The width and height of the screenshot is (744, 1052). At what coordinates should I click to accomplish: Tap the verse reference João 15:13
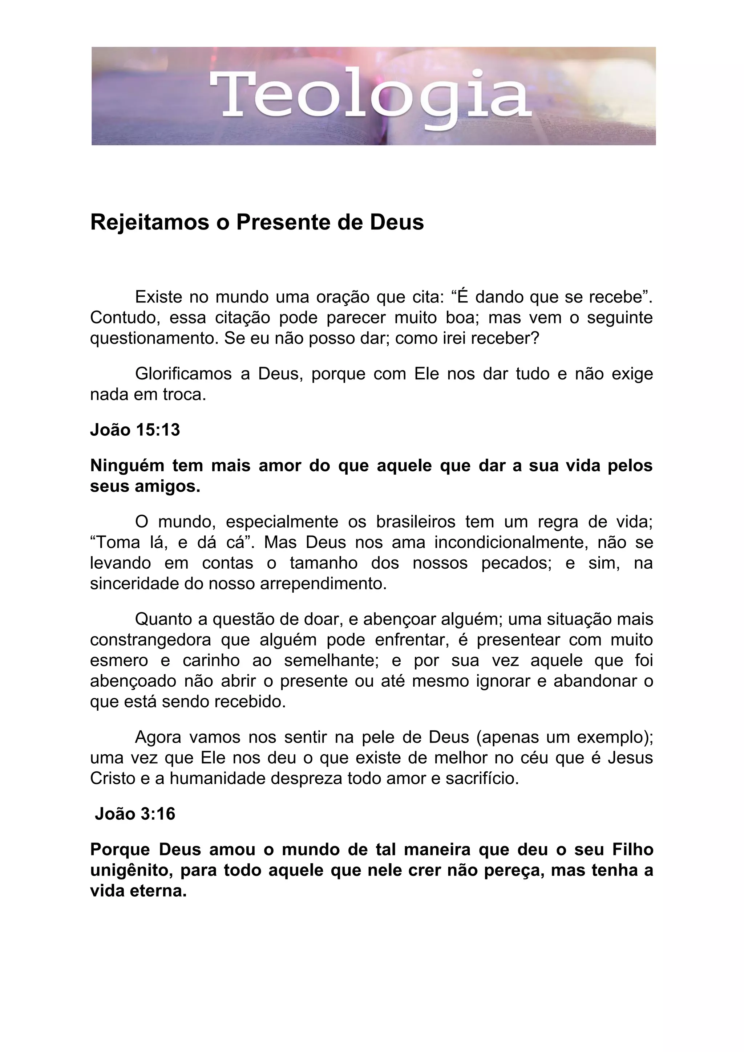pyautogui.click(x=135, y=430)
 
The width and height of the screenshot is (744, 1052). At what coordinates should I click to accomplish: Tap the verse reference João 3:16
pyautogui.click(x=135, y=814)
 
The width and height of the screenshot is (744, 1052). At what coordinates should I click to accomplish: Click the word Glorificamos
pyautogui.click(x=183, y=374)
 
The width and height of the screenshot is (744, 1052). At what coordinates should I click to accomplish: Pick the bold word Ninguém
pyautogui.click(x=127, y=465)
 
